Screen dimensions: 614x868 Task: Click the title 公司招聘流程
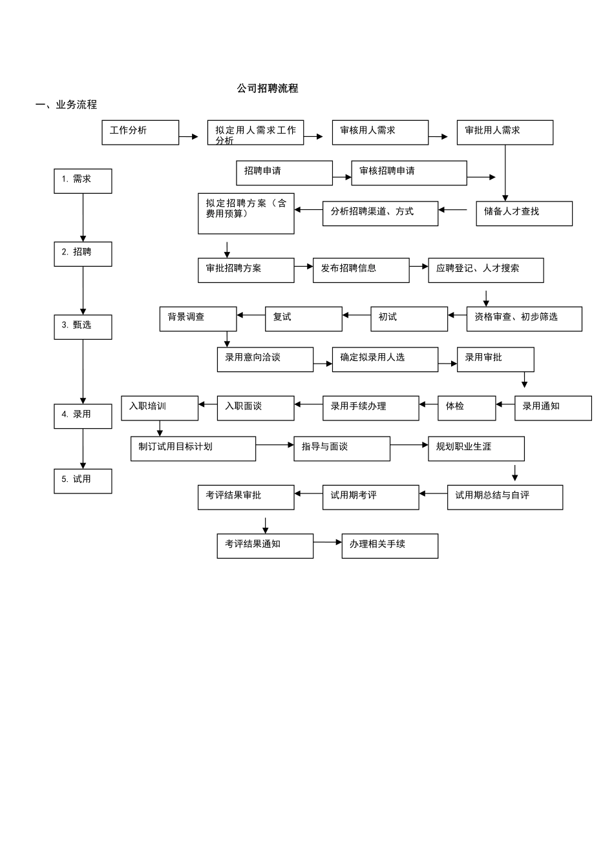[x=267, y=88]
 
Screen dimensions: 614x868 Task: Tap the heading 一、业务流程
[x=66, y=105]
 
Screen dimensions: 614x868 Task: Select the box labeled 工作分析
[x=140, y=132]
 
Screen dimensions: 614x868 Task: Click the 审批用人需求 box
[x=505, y=132]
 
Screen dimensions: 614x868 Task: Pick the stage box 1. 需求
[x=83, y=181]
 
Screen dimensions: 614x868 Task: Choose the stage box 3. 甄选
[x=83, y=327]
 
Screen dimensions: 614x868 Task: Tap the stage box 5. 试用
[x=83, y=481]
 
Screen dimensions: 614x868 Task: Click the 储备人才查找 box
[x=524, y=214]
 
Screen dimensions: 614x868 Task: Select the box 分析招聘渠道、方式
[x=381, y=214]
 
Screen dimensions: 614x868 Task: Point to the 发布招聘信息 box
[x=361, y=271]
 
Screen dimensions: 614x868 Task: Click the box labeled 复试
[x=304, y=319]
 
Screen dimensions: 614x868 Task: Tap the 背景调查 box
[x=198, y=319]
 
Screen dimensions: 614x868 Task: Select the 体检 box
[x=467, y=408]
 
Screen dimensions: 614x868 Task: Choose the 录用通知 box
[x=553, y=408]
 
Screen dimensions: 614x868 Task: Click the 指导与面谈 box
[x=342, y=449]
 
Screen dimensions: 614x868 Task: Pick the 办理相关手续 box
[x=390, y=546]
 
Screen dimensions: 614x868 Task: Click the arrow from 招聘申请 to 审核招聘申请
[x=342, y=178]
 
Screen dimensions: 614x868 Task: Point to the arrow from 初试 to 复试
[x=357, y=315]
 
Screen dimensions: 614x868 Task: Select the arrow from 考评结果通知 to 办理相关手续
[x=328, y=542]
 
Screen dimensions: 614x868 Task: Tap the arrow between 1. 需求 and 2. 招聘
[x=83, y=218]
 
